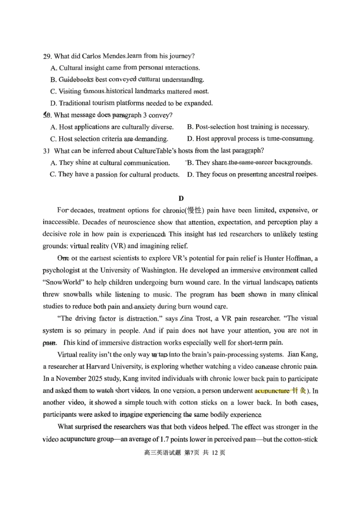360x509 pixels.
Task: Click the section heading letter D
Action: (181, 198)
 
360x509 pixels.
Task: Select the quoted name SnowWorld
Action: (62, 282)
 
